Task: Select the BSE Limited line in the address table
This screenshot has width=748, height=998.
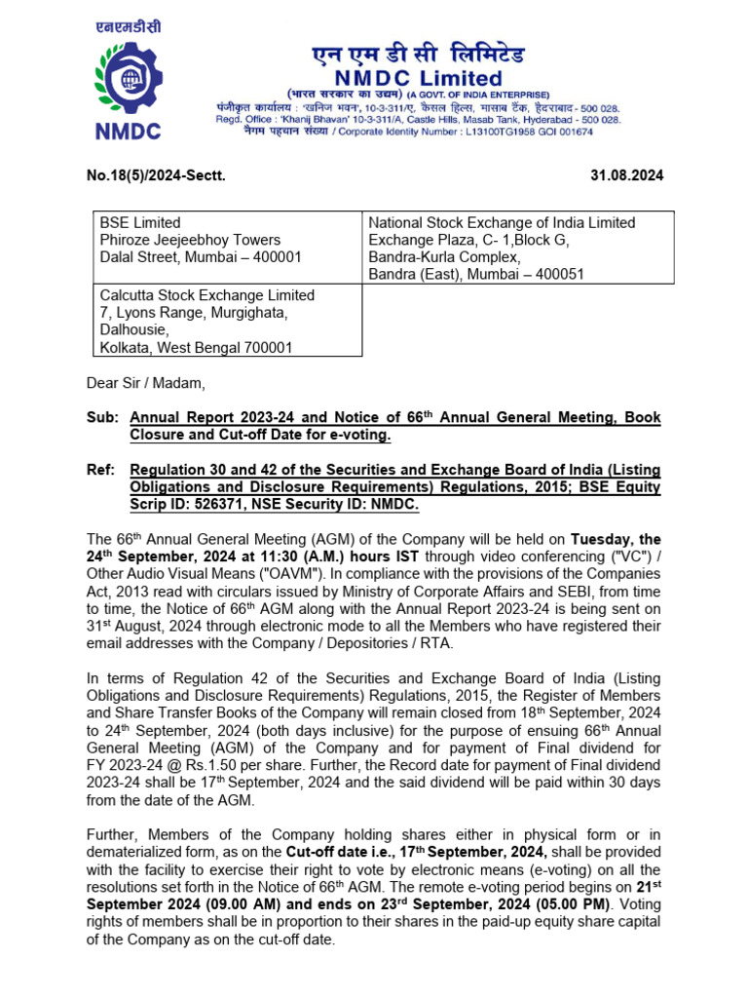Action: [140, 223]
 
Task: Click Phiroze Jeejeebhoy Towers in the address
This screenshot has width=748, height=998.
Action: [190, 240]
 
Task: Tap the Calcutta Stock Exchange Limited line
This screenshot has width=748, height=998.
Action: [207, 295]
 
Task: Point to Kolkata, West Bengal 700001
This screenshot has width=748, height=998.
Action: [197, 348]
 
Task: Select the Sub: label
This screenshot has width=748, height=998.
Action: [101, 417]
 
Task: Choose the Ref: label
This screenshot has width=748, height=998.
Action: [100, 470]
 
